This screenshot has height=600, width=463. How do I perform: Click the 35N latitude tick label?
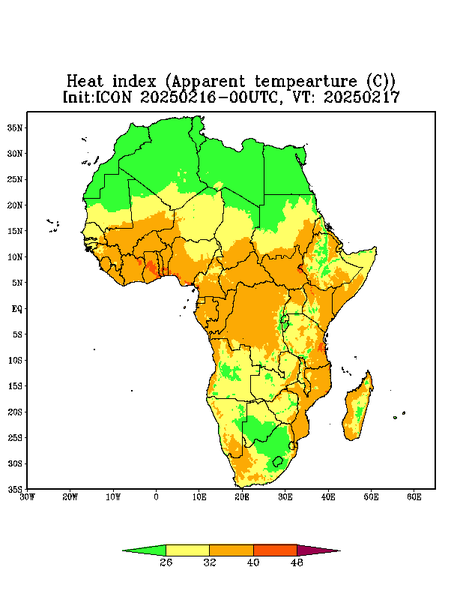point(15,128)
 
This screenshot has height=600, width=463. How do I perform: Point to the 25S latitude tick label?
point(15,437)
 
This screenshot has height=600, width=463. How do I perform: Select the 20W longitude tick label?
point(70,497)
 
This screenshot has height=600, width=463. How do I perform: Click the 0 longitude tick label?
point(156,497)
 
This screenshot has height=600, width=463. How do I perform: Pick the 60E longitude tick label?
point(414,497)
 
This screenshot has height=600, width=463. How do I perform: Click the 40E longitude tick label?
point(328,497)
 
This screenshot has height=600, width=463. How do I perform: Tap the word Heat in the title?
point(85,82)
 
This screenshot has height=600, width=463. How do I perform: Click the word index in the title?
point(135,82)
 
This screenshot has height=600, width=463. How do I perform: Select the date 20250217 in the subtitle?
point(362,97)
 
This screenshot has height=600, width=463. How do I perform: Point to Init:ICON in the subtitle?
point(97,97)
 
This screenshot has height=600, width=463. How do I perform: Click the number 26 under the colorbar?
point(166,562)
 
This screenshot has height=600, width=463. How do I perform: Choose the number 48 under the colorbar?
point(297,562)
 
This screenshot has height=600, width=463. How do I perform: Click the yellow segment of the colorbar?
point(187,550)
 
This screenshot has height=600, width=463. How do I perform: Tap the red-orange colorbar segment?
point(275,550)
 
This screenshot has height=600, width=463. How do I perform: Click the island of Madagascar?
point(358,408)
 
